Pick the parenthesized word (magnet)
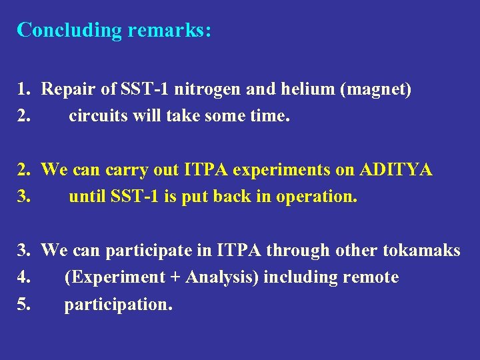[x=375, y=90]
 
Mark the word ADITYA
[x=396, y=170]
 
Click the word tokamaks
[x=421, y=250]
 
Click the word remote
[x=374, y=277]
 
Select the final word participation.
[x=118, y=305]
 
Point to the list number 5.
[x=23, y=304]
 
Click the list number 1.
[x=23, y=90]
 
